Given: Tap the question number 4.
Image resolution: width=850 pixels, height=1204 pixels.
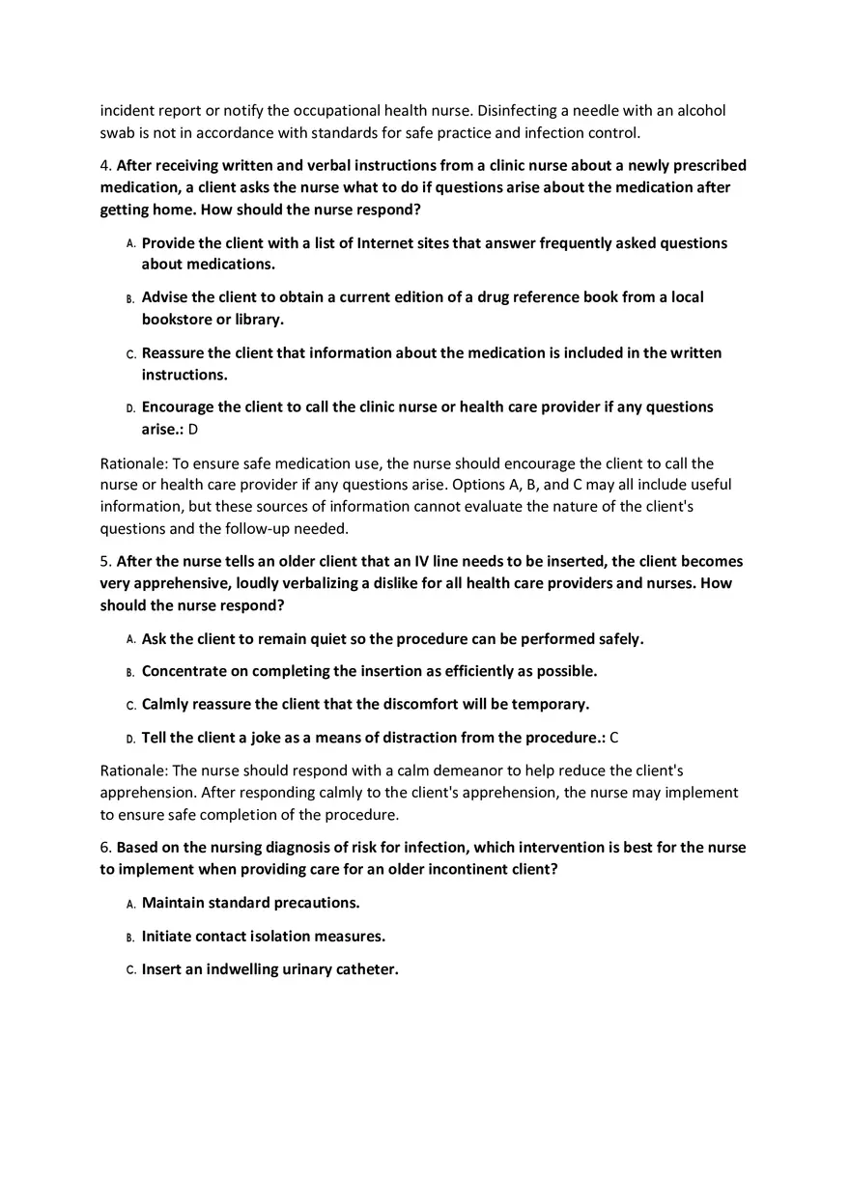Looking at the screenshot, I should coord(105,165).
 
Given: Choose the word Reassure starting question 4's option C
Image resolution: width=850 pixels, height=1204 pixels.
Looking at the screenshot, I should coord(175,353).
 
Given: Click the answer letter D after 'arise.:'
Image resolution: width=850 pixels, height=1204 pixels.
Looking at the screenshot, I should coord(193,429).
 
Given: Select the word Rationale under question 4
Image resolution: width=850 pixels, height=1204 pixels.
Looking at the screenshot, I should coord(133,463).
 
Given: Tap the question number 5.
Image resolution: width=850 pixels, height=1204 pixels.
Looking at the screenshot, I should coord(105,561).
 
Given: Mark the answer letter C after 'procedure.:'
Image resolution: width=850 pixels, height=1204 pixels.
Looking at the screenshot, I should coord(614,738).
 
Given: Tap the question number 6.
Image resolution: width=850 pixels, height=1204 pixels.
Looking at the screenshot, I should coord(105,848).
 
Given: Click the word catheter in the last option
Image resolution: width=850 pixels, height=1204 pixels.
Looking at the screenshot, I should coord(366,969).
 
